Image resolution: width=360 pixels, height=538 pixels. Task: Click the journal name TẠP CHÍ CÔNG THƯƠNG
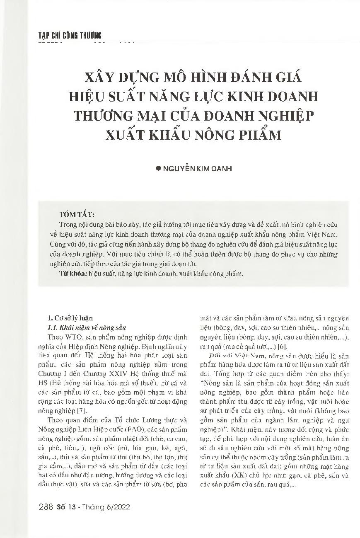click(67, 36)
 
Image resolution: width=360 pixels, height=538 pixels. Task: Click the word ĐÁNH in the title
click(247, 78)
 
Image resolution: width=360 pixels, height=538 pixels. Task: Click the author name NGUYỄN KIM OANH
click(198, 170)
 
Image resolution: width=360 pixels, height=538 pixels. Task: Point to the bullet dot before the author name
click(157, 170)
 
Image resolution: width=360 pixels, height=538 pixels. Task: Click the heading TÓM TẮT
click(77, 215)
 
